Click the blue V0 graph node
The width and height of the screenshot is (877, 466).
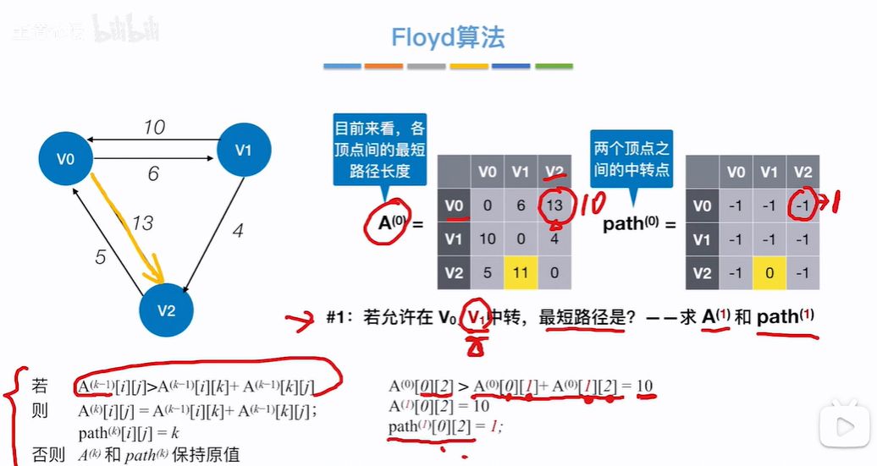[x=65, y=158]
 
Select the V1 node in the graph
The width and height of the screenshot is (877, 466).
[x=244, y=150]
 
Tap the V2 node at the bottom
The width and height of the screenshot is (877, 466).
[x=166, y=310]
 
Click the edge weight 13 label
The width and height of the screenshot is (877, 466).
[x=141, y=223]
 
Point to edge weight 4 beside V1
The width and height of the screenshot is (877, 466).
[x=238, y=229]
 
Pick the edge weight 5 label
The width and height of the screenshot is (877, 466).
[x=101, y=256]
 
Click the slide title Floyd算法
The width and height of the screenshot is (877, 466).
[x=448, y=38]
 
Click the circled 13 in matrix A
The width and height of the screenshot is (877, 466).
[x=555, y=206]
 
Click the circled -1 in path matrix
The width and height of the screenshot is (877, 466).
[x=803, y=206]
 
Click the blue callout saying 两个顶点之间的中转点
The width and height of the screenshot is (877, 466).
[x=631, y=158]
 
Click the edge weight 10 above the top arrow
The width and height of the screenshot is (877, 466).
[x=153, y=128]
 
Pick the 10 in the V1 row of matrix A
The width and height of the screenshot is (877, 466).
[x=487, y=239]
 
